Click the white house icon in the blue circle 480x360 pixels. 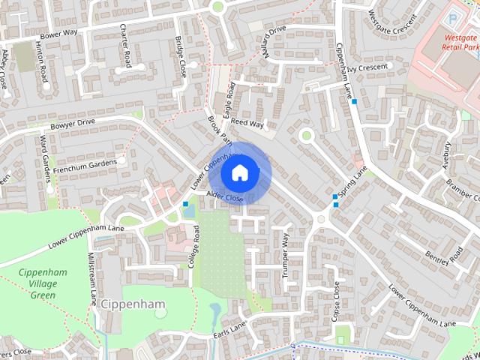[x=239, y=173]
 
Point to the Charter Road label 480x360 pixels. [x=127, y=46]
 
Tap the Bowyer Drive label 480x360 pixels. [x=73, y=121]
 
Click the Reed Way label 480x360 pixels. [x=247, y=122]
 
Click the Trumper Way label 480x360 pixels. [x=286, y=255]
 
